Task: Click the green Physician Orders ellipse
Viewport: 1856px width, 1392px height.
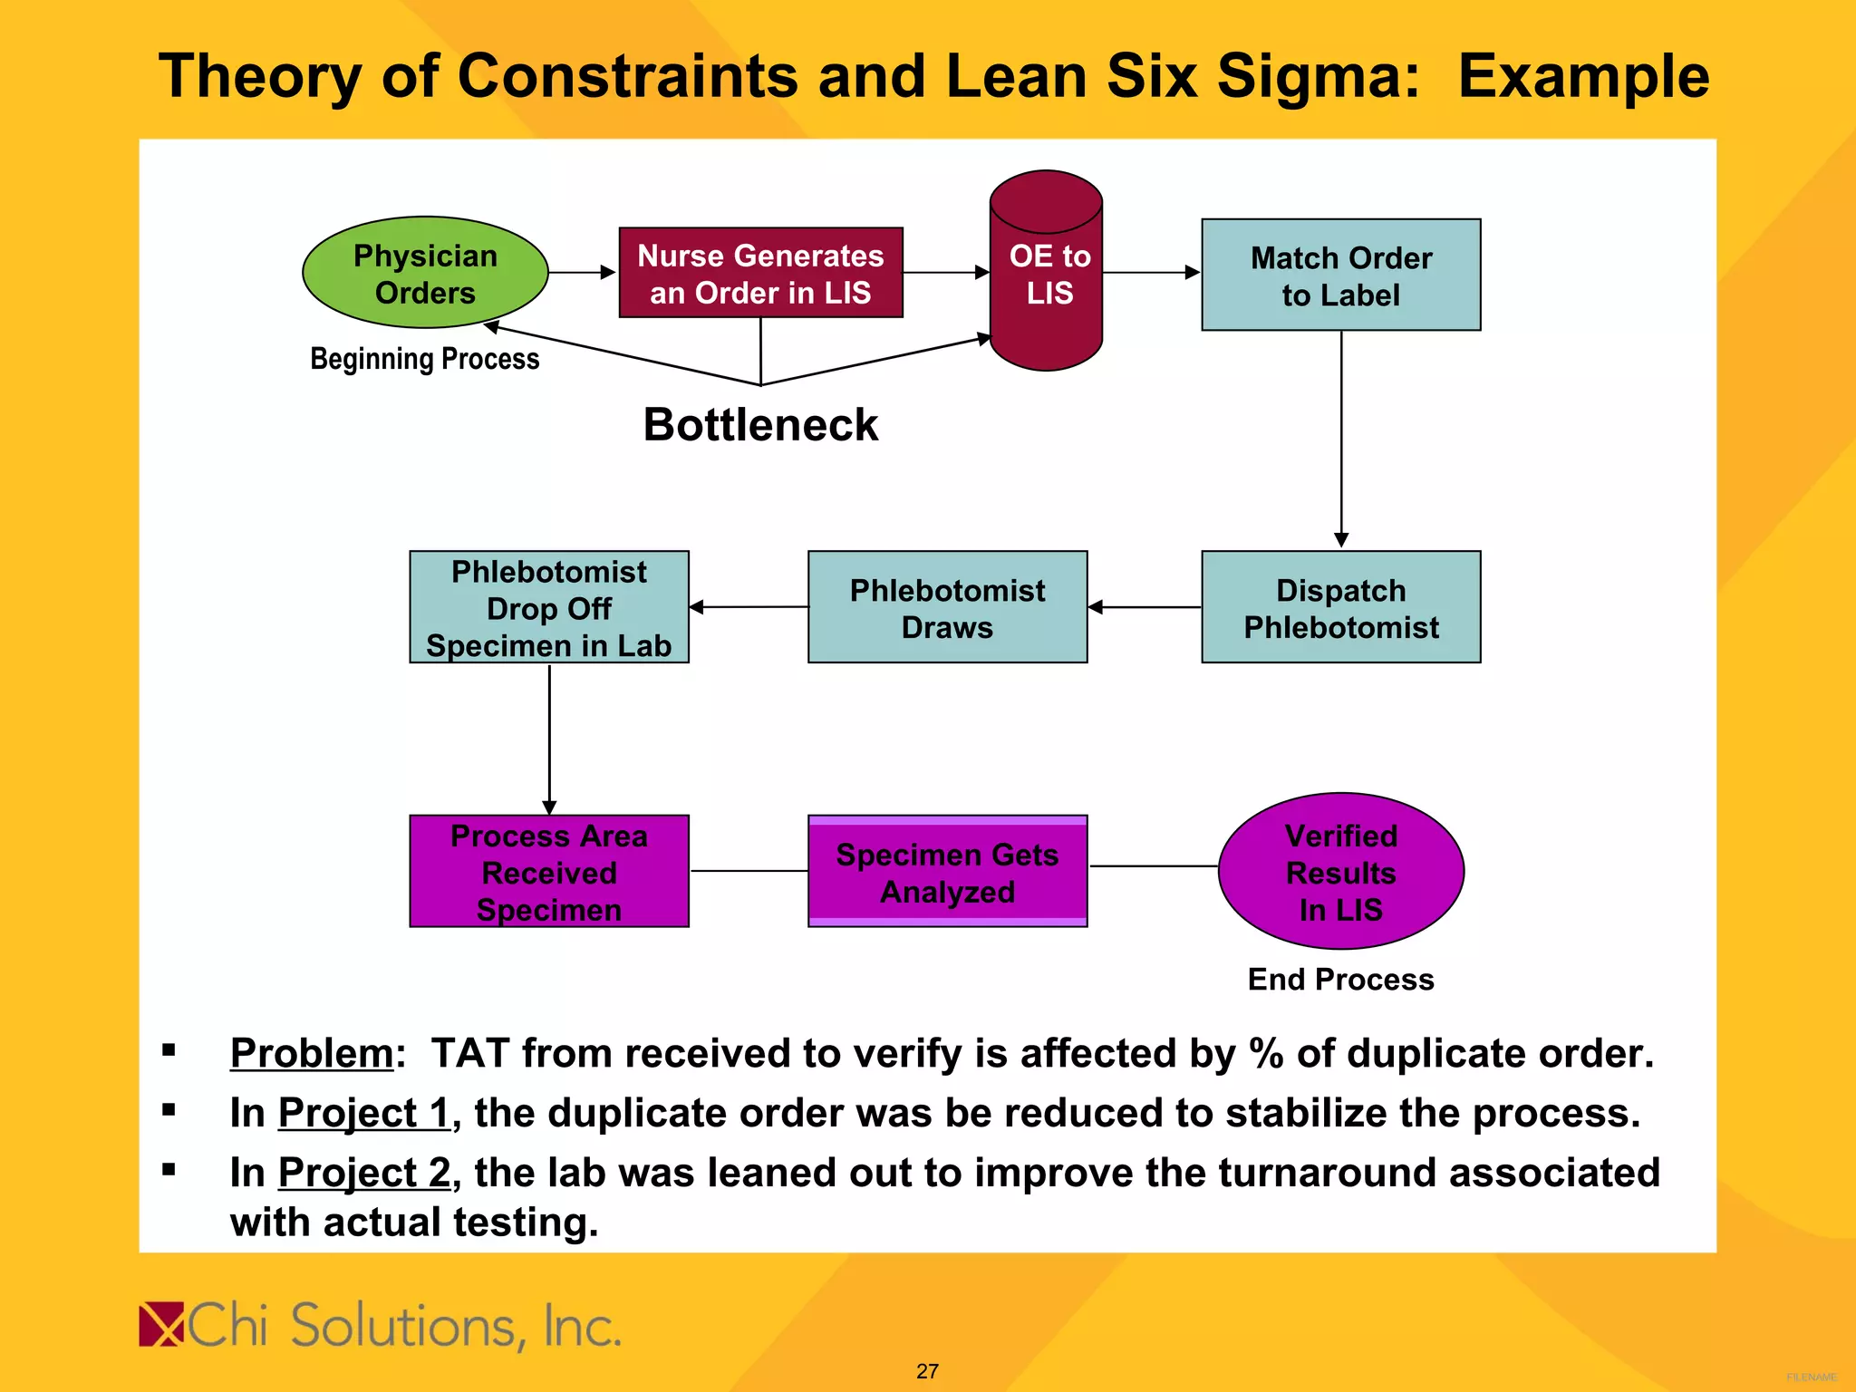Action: point(425,272)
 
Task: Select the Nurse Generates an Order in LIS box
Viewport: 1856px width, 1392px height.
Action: point(760,273)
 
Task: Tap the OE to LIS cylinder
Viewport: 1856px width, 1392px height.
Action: point(1047,272)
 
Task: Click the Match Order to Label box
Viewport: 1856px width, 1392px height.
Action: point(1340,275)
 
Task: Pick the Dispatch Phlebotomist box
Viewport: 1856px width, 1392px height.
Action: point(1340,607)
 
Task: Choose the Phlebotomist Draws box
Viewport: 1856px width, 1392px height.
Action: point(947,607)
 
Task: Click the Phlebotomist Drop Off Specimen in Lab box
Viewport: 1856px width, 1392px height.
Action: point(549,607)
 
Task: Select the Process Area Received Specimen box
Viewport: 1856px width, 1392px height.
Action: point(549,871)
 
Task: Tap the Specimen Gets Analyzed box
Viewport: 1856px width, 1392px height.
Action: point(947,871)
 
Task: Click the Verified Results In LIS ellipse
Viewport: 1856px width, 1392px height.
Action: point(1340,871)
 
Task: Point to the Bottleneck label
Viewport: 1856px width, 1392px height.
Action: point(760,424)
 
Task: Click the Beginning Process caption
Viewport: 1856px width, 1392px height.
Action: point(424,359)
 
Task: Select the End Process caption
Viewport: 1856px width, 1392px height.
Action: point(1340,979)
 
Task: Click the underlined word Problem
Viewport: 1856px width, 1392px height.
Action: point(312,1053)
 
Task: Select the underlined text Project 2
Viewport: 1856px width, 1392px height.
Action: point(363,1173)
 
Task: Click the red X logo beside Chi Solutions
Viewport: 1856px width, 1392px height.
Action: point(161,1325)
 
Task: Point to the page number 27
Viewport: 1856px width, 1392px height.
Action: point(927,1371)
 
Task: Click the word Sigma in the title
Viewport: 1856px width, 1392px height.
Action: point(1317,76)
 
